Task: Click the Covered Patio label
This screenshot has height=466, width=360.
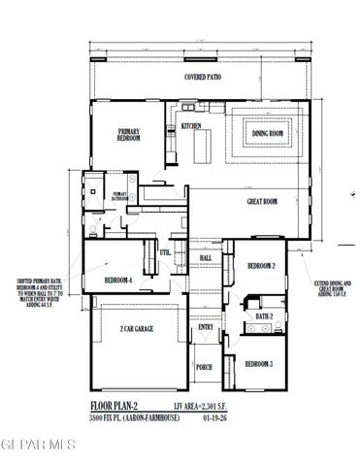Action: click(x=204, y=76)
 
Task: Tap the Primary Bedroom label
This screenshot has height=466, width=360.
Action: click(x=129, y=135)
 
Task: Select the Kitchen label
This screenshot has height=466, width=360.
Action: click(x=190, y=126)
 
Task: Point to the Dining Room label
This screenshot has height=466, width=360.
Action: click(x=267, y=134)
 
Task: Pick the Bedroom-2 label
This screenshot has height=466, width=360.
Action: click(x=261, y=265)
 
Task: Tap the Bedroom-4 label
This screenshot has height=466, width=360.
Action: click(x=118, y=281)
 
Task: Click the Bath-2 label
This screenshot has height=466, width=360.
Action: click(x=263, y=316)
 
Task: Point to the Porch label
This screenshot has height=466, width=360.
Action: click(x=204, y=367)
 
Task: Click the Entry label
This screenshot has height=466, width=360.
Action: click(x=206, y=326)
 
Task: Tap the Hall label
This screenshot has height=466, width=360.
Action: click(x=206, y=257)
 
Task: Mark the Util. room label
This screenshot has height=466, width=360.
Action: click(x=165, y=251)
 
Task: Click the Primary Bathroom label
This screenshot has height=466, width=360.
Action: click(x=119, y=196)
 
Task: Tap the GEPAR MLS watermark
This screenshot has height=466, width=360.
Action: click(x=39, y=446)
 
